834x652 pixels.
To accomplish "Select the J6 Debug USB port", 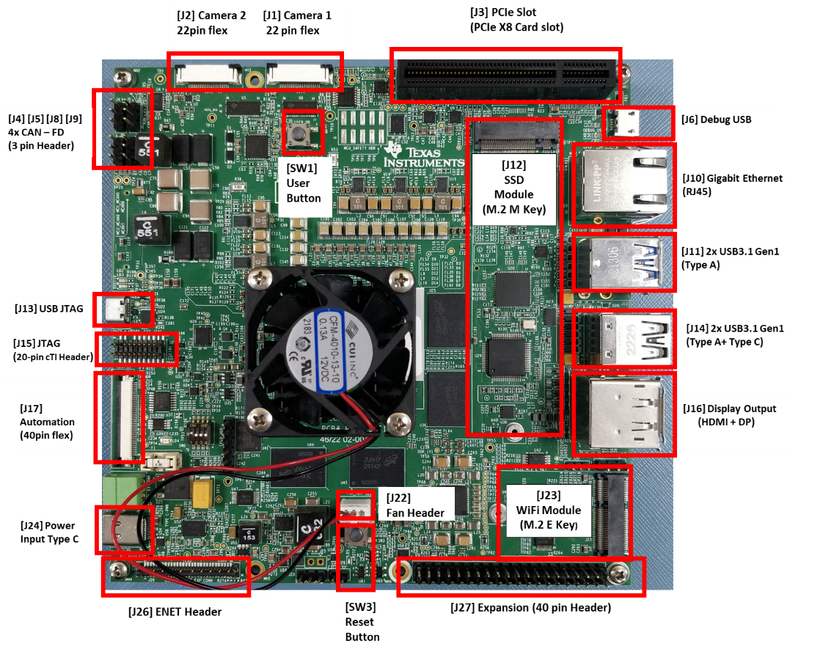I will click(x=627, y=123).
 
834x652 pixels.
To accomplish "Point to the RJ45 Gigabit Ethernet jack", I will click(x=623, y=183).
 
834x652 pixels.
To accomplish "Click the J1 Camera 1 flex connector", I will click(x=303, y=73).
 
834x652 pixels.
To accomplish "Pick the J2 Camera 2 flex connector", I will click(x=207, y=73).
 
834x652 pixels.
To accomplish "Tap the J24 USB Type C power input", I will click(x=122, y=530).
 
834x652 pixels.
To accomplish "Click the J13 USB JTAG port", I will click(x=117, y=309).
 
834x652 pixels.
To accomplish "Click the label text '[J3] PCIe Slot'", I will click(x=506, y=13).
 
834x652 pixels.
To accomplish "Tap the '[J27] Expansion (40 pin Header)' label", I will click(x=530, y=607).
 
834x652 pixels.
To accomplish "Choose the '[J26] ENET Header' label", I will click(x=175, y=612).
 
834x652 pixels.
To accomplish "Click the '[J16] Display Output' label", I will click(x=728, y=409).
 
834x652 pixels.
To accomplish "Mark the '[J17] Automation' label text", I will click(x=47, y=422).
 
